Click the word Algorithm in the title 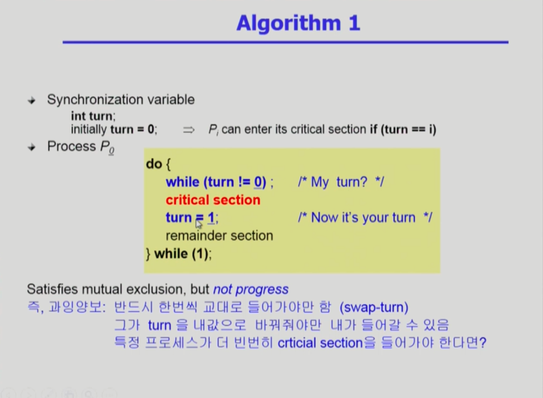pyautogui.click(x=289, y=24)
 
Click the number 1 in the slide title pyautogui.click(x=354, y=23)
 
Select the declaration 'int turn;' pyautogui.click(x=93, y=116)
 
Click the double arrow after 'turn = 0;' pyautogui.click(x=189, y=130)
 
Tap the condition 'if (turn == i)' pyautogui.click(x=403, y=129)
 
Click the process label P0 pyautogui.click(x=107, y=147)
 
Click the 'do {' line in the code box pyautogui.click(x=158, y=164)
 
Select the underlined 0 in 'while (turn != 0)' pyautogui.click(x=257, y=182)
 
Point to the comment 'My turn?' pyautogui.click(x=339, y=182)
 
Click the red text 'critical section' pyautogui.click(x=213, y=200)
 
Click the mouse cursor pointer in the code pyautogui.click(x=198, y=224)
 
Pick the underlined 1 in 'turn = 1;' pyautogui.click(x=211, y=218)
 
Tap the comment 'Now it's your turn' pyautogui.click(x=363, y=217)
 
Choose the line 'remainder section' pyautogui.click(x=220, y=236)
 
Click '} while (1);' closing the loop pyautogui.click(x=179, y=254)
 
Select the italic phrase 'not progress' pyautogui.click(x=251, y=289)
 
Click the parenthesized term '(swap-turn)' pyautogui.click(x=374, y=307)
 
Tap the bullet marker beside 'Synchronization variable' pyautogui.click(x=32, y=100)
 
